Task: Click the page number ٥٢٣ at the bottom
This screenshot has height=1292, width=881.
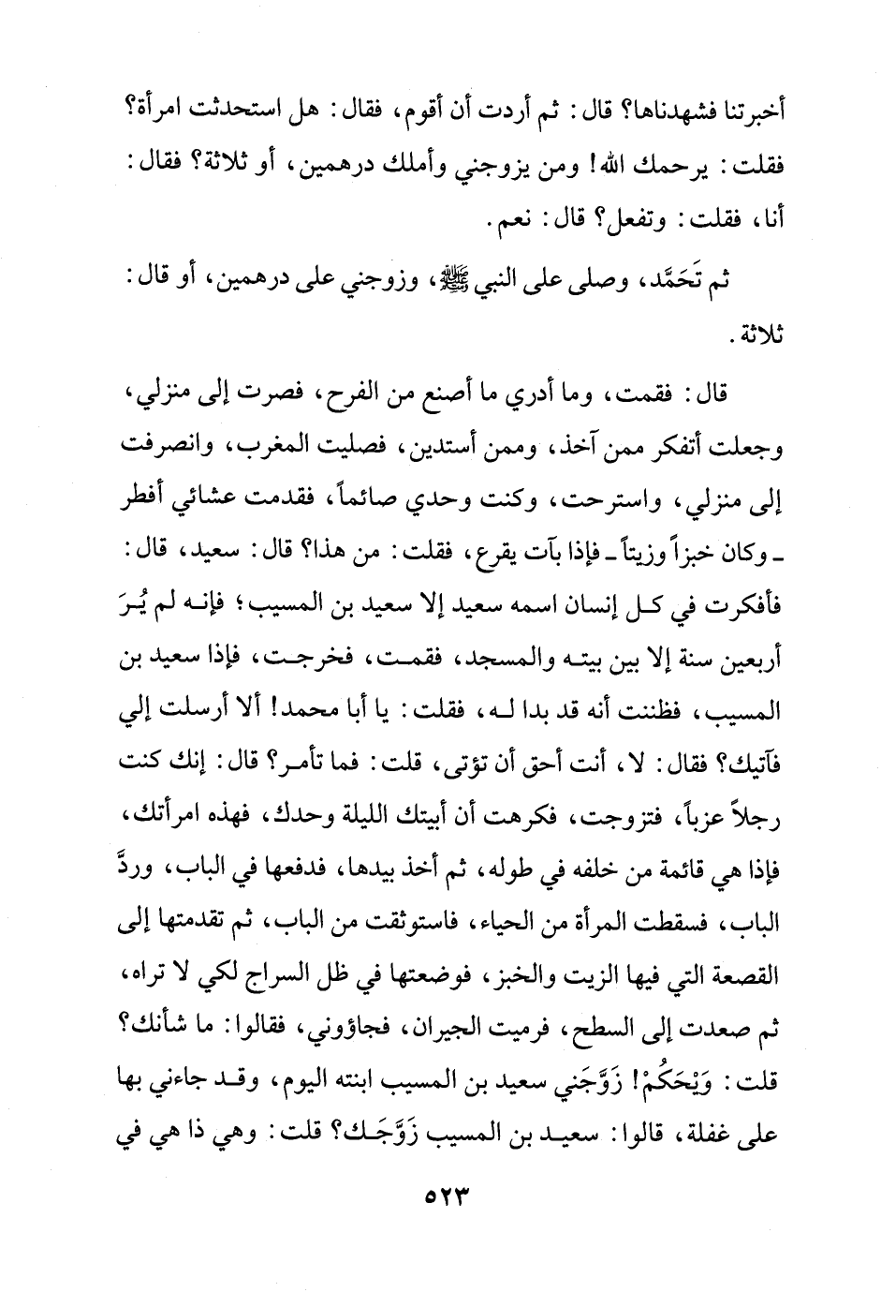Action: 439,1221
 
